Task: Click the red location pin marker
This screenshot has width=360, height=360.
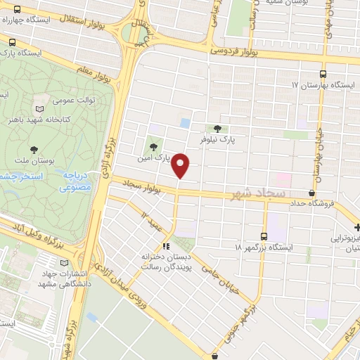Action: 181,165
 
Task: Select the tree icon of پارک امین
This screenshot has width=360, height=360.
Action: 153,146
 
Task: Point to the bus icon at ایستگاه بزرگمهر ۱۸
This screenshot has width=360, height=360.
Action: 264,236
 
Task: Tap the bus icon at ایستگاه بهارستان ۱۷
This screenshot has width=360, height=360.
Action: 323,73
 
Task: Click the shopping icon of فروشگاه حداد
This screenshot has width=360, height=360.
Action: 312,192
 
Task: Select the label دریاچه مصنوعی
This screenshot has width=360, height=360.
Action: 74,183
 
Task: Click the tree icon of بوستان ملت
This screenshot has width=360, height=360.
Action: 34,148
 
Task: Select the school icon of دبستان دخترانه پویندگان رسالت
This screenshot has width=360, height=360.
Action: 166,246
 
